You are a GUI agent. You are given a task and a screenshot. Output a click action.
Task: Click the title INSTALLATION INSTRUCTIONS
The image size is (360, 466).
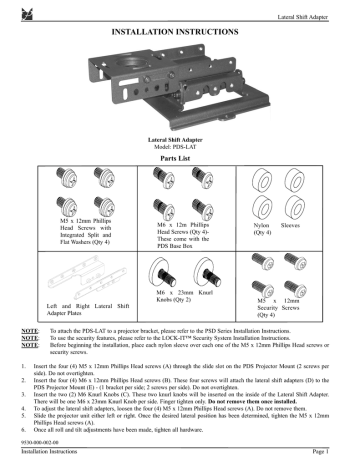pyautogui.click(x=180, y=33)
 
